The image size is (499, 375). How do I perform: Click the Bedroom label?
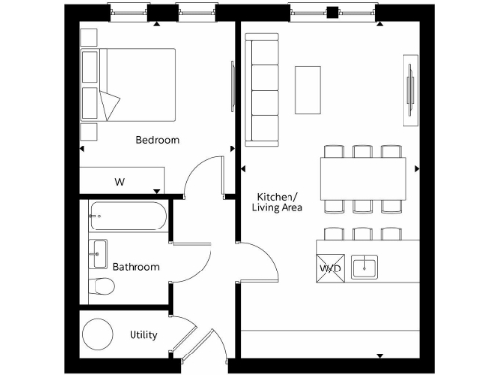pyautogui.click(x=158, y=140)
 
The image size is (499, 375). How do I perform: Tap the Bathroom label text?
pyautogui.click(x=135, y=266)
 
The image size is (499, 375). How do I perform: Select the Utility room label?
pyautogui.click(x=143, y=335)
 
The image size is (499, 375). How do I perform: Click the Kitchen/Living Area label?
pyautogui.click(x=279, y=201)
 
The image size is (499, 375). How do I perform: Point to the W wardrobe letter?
pyautogui.click(x=120, y=182)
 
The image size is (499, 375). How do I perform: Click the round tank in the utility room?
pyautogui.click(x=99, y=335)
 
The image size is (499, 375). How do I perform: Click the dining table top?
pyautogui.click(x=363, y=179)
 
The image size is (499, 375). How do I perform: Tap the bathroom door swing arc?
pyautogui.click(x=192, y=256)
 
